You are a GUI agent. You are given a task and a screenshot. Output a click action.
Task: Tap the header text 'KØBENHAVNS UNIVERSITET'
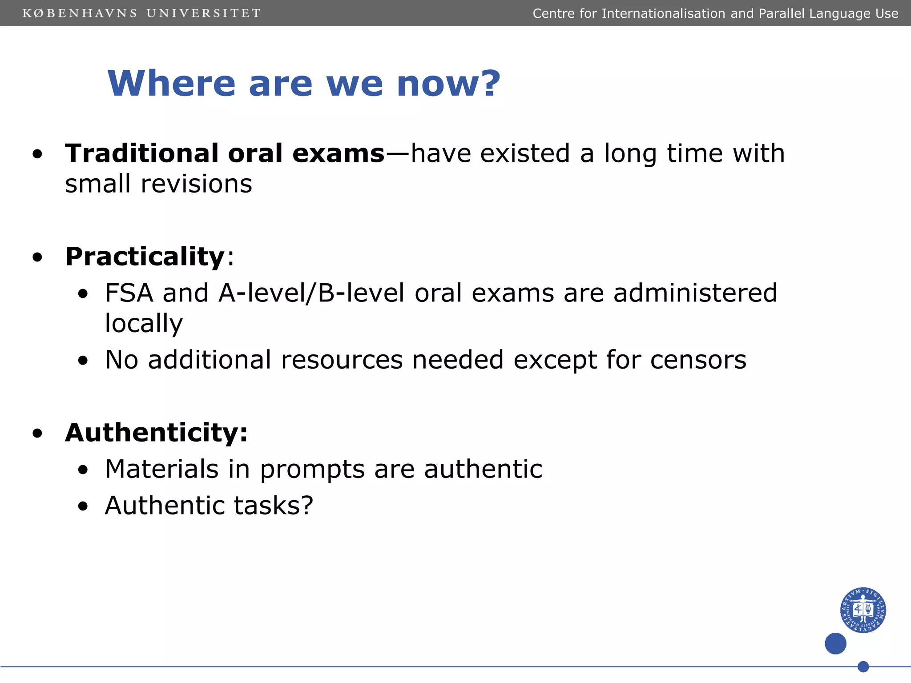pos(141,13)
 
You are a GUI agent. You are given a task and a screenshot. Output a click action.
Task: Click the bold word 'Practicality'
pos(145,257)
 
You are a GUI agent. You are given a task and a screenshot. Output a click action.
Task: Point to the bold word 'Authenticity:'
pos(156,432)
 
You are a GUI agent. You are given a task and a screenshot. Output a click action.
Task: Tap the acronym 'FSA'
pos(129,293)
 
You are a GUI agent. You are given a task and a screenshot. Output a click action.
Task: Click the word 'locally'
pos(144,323)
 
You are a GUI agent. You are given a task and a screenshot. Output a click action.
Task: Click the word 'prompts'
pos(312,469)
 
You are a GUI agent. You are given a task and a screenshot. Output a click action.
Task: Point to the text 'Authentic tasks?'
pos(209,506)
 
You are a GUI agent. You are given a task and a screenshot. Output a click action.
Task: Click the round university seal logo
pos(863,610)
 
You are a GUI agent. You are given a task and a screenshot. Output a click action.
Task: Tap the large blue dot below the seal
pos(835,643)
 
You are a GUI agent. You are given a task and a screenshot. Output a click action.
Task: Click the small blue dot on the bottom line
pos(863,667)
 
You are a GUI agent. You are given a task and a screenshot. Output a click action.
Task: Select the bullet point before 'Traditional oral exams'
pos(38,154)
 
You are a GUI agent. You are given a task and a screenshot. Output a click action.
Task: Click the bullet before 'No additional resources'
pos(83,361)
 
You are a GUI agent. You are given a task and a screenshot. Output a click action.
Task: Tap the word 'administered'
pos(695,293)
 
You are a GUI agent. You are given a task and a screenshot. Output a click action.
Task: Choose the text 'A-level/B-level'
pos(311,293)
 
